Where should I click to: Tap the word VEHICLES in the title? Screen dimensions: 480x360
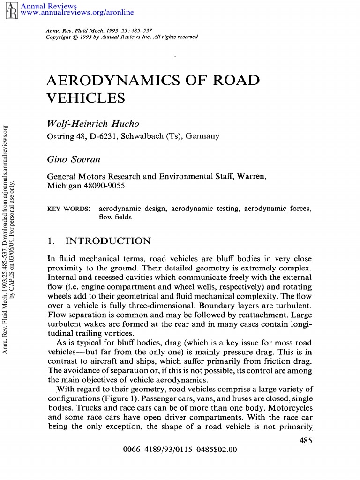click(x=86, y=98)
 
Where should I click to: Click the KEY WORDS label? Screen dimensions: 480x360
click(x=69, y=208)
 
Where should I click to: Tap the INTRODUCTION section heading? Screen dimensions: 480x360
click(x=108, y=241)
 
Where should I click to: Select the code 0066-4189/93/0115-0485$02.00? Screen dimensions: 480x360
click(x=180, y=450)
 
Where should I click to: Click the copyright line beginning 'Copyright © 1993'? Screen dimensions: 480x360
click(x=122, y=37)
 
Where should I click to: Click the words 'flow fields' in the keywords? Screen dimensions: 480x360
click(x=115, y=217)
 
